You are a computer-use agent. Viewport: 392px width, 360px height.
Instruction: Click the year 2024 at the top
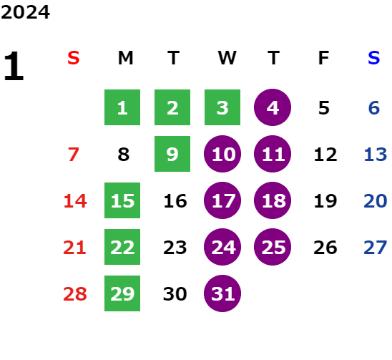(25, 12)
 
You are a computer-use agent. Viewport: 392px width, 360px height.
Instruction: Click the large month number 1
(14, 66)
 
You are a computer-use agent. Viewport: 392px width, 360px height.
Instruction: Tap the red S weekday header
(74, 58)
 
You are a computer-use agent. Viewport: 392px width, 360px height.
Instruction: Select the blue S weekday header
(374, 58)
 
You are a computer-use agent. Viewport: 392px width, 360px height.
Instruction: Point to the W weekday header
(227, 58)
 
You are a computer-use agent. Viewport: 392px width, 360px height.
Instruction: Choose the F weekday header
(323, 58)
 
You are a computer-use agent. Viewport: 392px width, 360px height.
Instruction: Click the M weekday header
(125, 58)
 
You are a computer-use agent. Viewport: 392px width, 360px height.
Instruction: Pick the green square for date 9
(172, 154)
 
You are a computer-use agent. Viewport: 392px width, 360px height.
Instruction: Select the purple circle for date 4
(273, 107)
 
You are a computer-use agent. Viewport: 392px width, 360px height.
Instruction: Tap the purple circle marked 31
(222, 293)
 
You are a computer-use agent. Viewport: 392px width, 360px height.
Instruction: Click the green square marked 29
(122, 293)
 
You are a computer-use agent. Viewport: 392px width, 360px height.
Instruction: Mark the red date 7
(74, 155)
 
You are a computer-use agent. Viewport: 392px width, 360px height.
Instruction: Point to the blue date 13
(376, 155)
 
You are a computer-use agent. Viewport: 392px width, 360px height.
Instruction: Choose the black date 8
(124, 155)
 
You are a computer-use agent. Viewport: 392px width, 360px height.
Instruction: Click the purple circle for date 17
(222, 200)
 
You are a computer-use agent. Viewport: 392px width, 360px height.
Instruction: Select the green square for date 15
(122, 200)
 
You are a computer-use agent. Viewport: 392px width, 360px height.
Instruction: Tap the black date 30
(175, 293)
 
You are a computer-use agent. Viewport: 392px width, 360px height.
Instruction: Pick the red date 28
(75, 293)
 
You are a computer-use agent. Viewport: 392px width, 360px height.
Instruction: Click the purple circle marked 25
(273, 247)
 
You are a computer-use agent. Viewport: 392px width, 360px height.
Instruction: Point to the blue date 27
(376, 248)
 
